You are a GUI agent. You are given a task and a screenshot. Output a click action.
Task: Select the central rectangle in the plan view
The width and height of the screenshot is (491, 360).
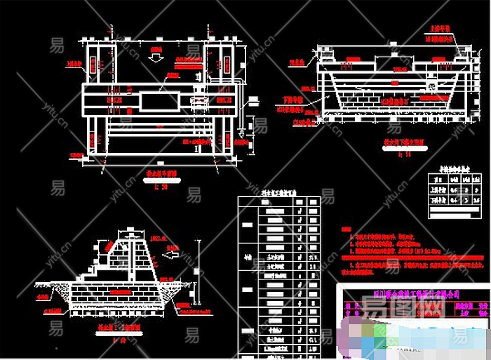[x=160, y=101]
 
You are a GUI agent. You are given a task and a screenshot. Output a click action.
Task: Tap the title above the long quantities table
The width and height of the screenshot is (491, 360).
[x=279, y=192]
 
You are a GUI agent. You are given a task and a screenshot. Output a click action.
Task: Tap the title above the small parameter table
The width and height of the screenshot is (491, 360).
[x=454, y=166]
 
